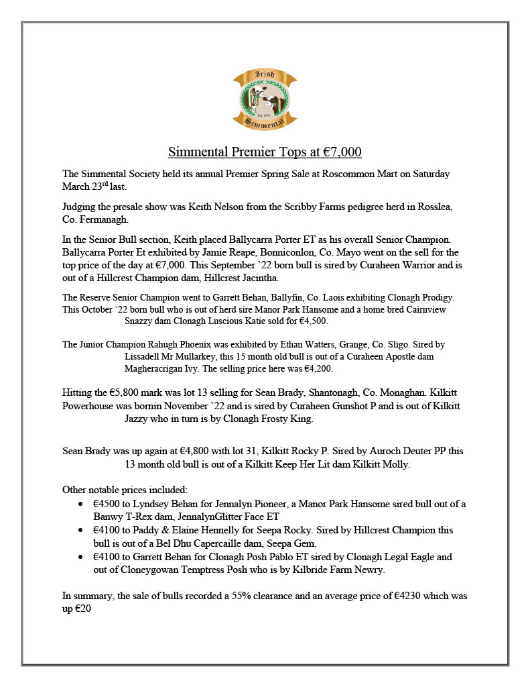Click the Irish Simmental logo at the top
coord(265,99)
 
